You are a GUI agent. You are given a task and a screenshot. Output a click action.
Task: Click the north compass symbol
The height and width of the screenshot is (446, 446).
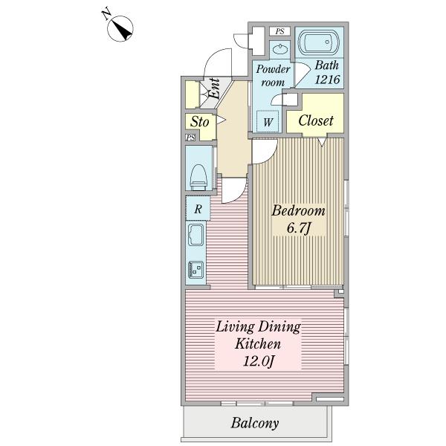pyautogui.click(x=120, y=28)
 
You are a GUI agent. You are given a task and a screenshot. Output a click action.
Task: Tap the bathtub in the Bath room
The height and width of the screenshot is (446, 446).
pyautogui.click(x=319, y=42)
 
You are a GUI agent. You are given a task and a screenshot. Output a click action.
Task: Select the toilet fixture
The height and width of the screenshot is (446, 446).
pyautogui.click(x=198, y=177)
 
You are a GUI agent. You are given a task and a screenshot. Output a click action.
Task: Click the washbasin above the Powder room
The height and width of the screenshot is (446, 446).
pyautogui.click(x=280, y=50)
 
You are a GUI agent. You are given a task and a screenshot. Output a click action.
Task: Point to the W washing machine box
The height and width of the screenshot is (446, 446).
pyautogui.click(x=268, y=121)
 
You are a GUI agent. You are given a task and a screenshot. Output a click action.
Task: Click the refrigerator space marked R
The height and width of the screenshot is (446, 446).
pyautogui.click(x=198, y=208)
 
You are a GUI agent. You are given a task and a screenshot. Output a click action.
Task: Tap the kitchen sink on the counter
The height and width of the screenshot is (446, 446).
pyautogui.click(x=195, y=235)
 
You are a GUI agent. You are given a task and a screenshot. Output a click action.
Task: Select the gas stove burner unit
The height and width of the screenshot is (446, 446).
pyautogui.click(x=195, y=270)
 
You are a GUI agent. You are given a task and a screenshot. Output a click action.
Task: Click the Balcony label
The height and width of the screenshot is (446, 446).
pyautogui.click(x=254, y=423)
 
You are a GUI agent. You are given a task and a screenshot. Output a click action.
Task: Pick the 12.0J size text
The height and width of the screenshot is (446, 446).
pyautogui.click(x=258, y=361)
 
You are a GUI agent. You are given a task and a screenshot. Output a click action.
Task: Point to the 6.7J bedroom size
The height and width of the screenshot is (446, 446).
pyautogui.click(x=298, y=228)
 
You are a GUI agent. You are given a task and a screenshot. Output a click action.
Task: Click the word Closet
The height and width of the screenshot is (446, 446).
pyautogui.click(x=316, y=120)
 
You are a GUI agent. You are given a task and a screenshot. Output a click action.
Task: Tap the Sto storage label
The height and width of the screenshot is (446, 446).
pyautogui.click(x=200, y=122)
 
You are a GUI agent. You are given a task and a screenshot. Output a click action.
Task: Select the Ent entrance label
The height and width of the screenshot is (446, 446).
pyautogui.click(x=214, y=88)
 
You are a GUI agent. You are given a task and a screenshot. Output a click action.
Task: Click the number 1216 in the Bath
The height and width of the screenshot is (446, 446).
pyautogui.click(x=327, y=80)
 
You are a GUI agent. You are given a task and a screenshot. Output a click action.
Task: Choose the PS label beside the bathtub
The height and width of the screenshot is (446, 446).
pyautogui.click(x=280, y=31)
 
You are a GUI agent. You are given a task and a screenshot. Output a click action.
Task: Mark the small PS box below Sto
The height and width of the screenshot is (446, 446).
pyautogui.click(x=190, y=138)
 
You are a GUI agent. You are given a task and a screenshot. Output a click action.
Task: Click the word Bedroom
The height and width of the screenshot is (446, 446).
pyautogui.click(x=298, y=211)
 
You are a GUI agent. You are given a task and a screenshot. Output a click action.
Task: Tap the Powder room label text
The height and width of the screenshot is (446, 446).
pyautogui.click(x=273, y=76)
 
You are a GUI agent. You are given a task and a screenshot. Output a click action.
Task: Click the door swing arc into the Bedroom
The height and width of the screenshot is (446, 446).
pyautogui.click(x=271, y=157)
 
